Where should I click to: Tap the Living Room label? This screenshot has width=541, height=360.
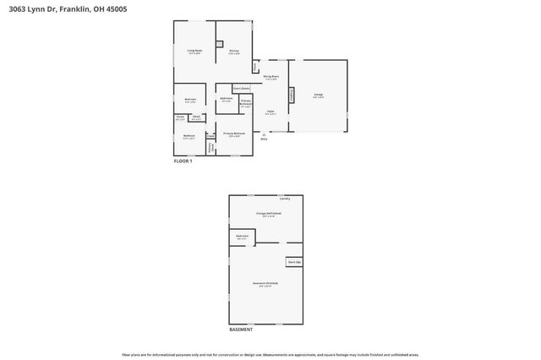point(194,52)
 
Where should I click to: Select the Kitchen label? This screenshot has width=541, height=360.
point(235,52)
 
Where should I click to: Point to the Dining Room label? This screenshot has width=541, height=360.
point(270,77)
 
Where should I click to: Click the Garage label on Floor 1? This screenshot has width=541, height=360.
point(318,95)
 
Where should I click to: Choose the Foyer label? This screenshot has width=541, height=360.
point(270,112)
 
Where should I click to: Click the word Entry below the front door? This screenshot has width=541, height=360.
point(265,139)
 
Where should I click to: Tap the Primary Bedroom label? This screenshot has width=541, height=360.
point(235,134)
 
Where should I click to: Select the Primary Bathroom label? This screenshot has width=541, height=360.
point(246,102)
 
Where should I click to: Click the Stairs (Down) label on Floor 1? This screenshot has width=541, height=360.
point(241,88)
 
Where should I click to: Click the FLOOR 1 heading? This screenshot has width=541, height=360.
point(183,161)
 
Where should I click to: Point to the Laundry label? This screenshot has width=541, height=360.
point(284,199)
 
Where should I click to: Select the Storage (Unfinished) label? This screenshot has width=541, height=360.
point(268,214)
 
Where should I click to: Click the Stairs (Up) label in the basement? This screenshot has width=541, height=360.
point(294,262)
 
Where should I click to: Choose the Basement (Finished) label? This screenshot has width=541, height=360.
point(265,282)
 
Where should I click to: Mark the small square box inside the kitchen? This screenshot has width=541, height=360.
point(219,44)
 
